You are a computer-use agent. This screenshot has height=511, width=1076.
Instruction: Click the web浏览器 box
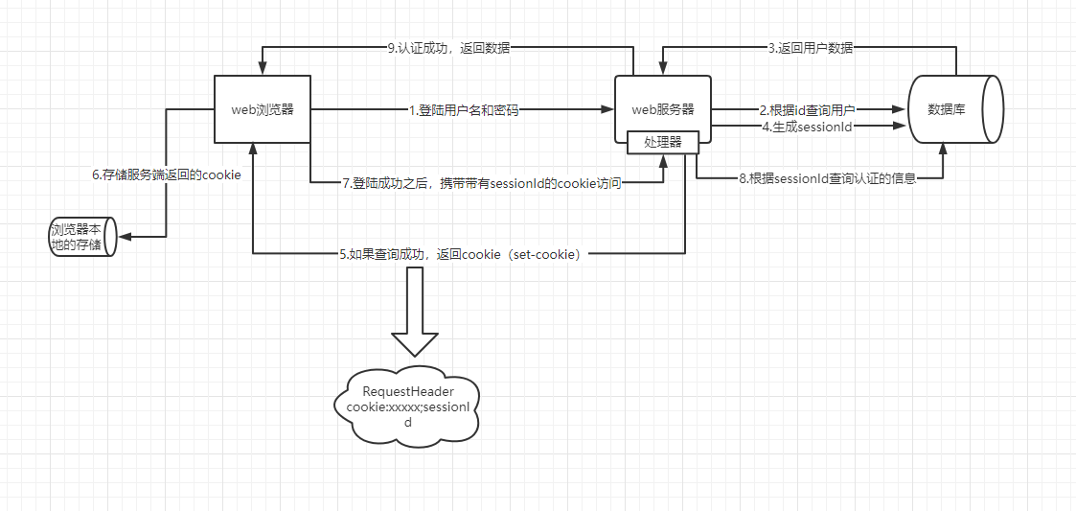tap(262, 109)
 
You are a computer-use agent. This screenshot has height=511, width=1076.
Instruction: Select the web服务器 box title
tap(663, 109)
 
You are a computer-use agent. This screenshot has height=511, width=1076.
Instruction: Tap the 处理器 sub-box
tap(662, 142)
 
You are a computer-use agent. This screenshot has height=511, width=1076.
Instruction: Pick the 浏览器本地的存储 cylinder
tap(81, 236)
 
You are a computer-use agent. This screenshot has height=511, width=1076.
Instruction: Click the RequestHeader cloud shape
tap(407, 406)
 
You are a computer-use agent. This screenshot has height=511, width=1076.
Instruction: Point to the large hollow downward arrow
tap(415, 313)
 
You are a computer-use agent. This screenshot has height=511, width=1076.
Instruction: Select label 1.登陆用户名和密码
tap(463, 110)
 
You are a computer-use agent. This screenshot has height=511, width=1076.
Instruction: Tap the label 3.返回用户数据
tap(810, 48)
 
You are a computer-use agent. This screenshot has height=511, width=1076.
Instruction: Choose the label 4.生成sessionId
tap(806, 127)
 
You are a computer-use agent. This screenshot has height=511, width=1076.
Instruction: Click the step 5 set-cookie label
tap(460, 255)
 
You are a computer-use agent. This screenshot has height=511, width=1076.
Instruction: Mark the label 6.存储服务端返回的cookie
tap(166, 175)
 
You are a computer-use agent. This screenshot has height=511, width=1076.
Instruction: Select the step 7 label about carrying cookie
tap(482, 183)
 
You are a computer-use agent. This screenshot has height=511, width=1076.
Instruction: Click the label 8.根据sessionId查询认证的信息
tap(827, 178)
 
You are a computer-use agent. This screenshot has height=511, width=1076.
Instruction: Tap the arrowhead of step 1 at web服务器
tap(609, 110)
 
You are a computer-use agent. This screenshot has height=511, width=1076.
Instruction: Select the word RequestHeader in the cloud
tap(407, 391)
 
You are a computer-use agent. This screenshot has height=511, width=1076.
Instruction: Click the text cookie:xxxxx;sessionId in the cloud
tap(407, 414)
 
